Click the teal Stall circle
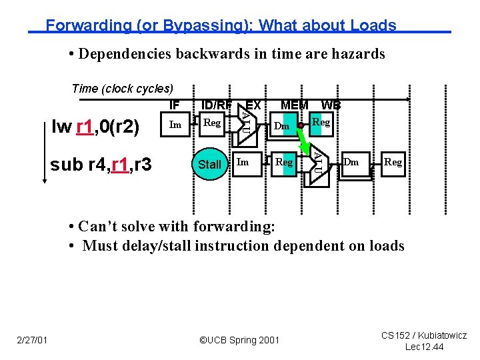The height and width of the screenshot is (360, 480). pyautogui.click(x=210, y=164)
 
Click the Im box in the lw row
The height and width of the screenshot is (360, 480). pyautogui.click(x=175, y=124)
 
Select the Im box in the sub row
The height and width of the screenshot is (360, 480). pyautogui.click(x=243, y=162)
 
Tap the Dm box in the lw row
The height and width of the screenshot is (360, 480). pyautogui.click(x=282, y=126)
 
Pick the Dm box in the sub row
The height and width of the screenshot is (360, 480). pyautogui.click(x=351, y=162)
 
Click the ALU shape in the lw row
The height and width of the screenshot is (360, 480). pyautogui.click(x=245, y=123)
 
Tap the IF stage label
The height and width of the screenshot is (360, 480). pyautogui.click(x=175, y=105)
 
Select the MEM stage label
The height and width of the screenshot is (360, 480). pyautogui.click(x=294, y=105)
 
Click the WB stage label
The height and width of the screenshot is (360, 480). pyautogui.click(x=331, y=105)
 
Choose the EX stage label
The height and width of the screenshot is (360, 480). pyautogui.click(x=253, y=105)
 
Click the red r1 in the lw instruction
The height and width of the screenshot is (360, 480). pyautogui.click(x=85, y=127)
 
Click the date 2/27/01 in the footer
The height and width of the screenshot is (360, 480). pyautogui.click(x=31, y=341)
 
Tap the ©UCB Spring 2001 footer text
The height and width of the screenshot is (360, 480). pyautogui.click(x=239, y=341)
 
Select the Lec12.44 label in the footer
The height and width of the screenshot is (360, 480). pyautogui.click(x=424, y=347)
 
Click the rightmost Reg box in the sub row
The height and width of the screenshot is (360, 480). pyautogui.click(x=393, y=162)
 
